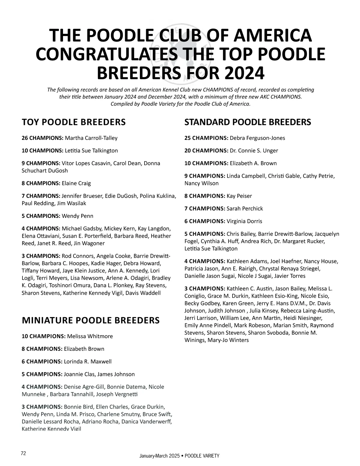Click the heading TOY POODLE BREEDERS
click(73, 122)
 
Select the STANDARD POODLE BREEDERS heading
click(247, 122)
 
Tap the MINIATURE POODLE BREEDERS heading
click(91, 320)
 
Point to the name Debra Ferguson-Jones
click(257, 138)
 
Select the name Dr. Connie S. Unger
click(254, 151)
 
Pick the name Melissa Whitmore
click(90, 336)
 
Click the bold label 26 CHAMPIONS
click(42, 138)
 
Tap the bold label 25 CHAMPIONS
click(206, 138)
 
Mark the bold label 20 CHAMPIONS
click(206, 151)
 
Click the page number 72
click(23, 453)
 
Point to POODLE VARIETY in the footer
click(202, 456)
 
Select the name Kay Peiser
click(239, 196)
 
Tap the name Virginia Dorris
click(244, 221)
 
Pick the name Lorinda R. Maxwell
click(88, 362)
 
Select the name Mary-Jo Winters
click(228, 340)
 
